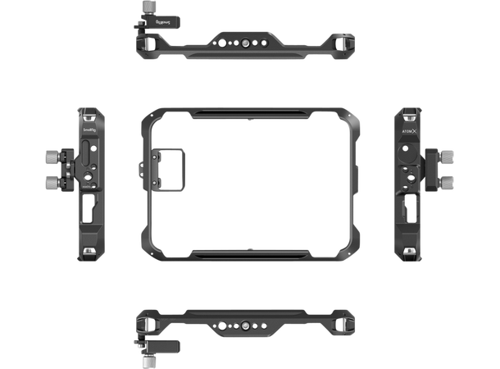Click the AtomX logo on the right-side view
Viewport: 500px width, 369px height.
pos(408,129)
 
